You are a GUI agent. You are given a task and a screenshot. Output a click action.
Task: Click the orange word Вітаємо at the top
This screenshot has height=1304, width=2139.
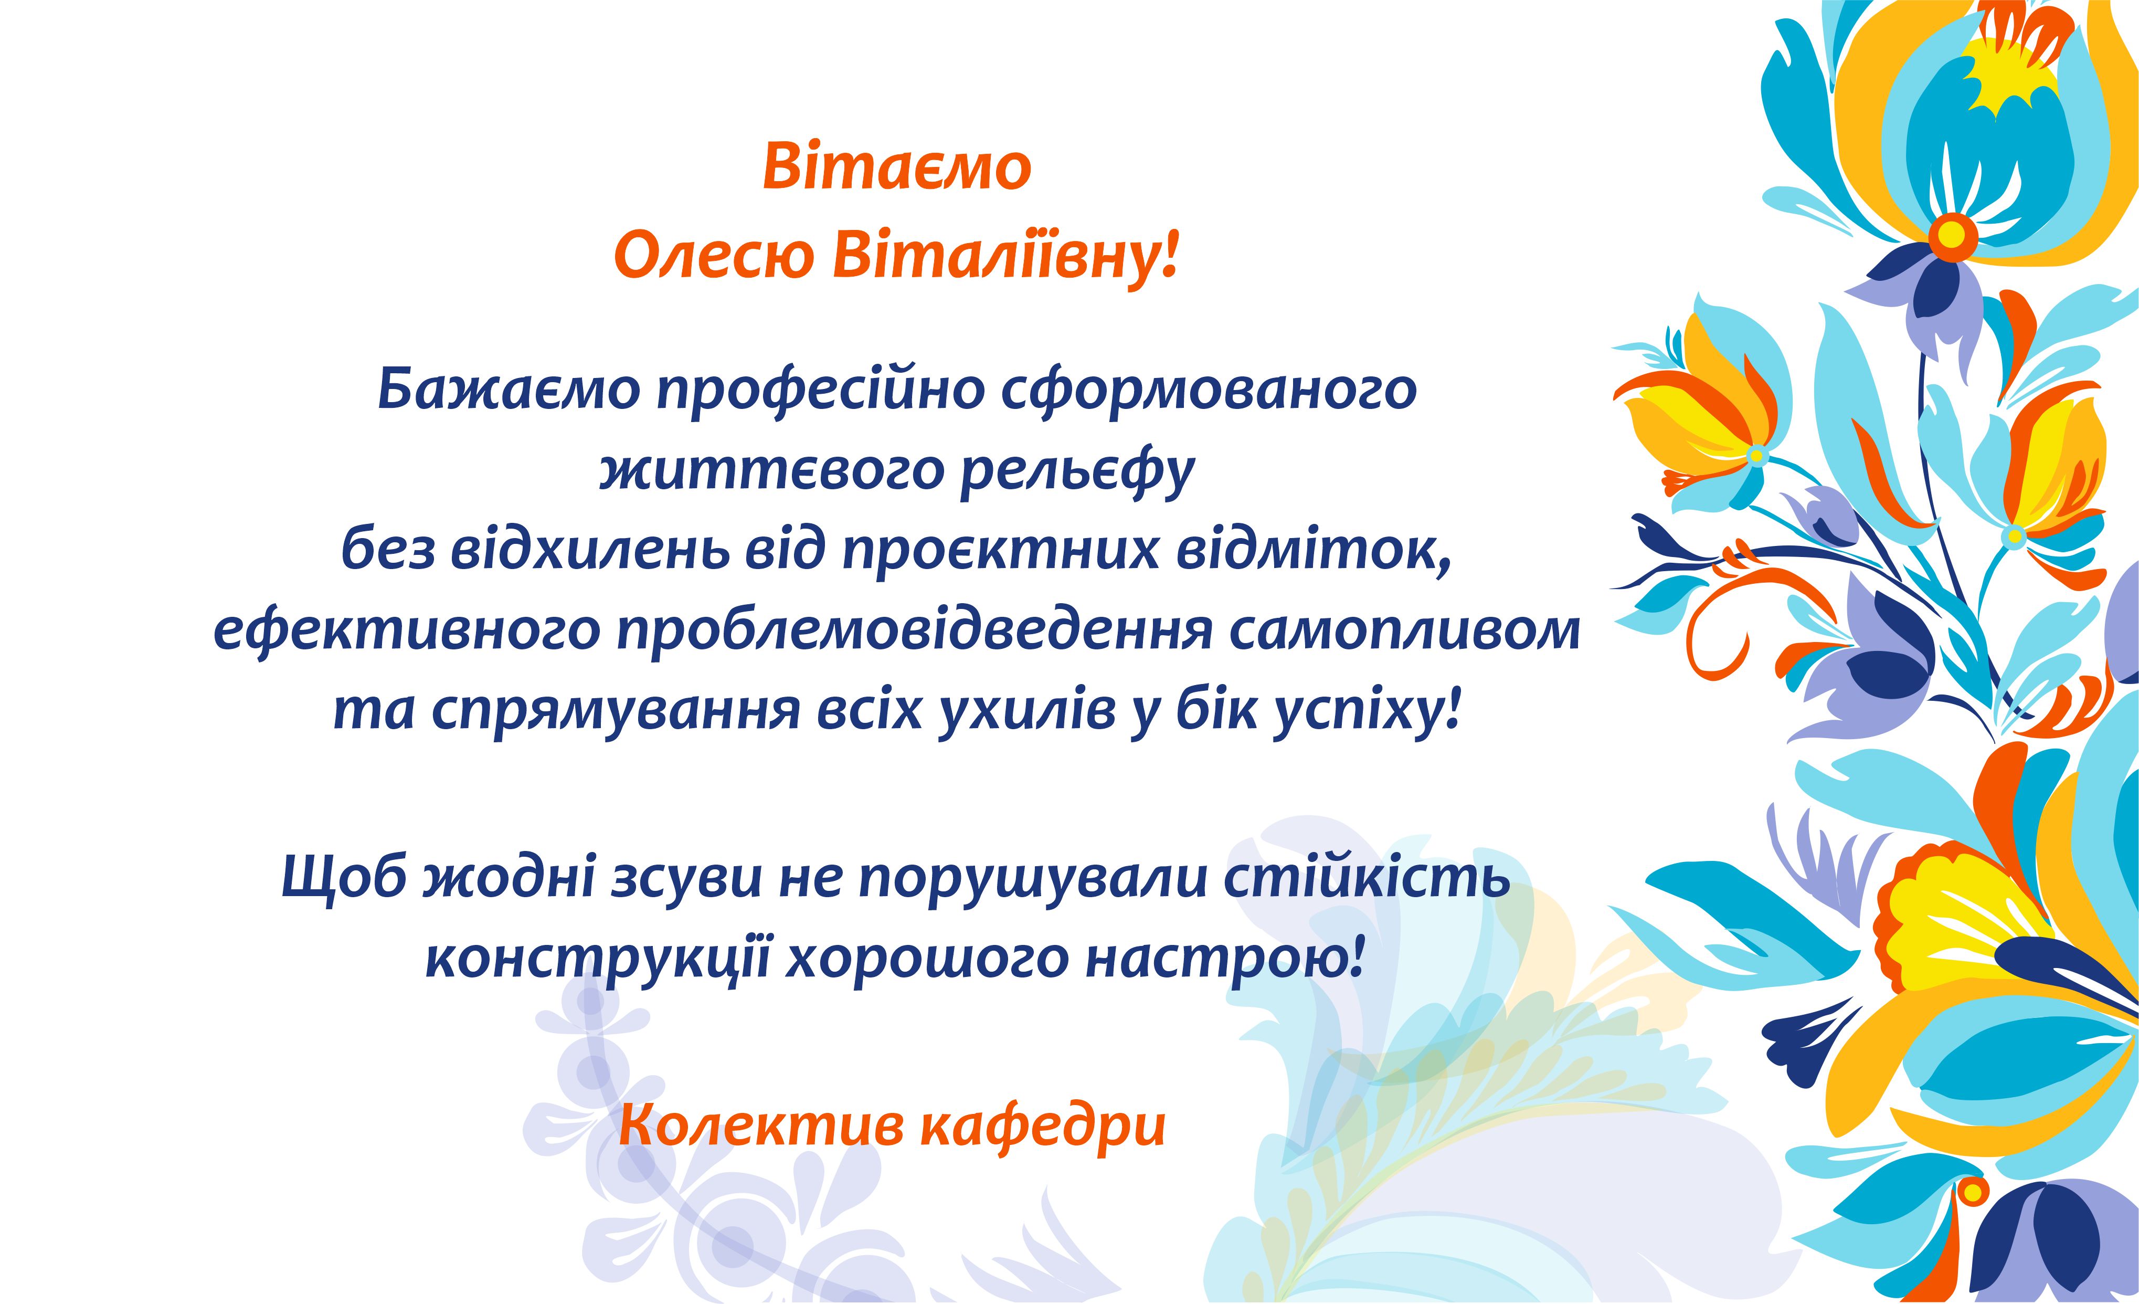point(897,167)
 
